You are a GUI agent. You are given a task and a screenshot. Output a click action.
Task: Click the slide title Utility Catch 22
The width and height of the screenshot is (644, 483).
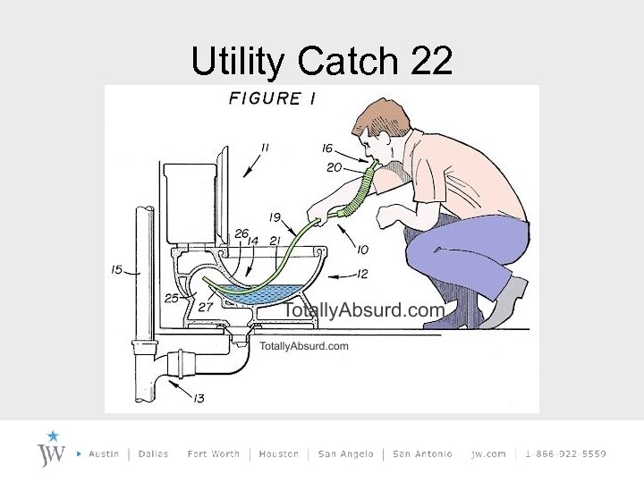322,61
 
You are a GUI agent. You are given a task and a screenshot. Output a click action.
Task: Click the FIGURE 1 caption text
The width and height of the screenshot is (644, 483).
272,98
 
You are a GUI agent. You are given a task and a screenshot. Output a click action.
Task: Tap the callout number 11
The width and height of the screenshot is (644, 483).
265,147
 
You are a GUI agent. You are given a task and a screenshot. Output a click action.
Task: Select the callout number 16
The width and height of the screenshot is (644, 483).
328,149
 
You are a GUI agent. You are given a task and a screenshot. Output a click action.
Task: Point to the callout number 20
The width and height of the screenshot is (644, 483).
334,167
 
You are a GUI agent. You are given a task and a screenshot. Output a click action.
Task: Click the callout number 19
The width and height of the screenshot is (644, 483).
275,216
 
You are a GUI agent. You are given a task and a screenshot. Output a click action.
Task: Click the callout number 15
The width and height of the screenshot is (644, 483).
116,268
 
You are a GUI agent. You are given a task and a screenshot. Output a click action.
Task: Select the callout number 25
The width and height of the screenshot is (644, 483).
172,298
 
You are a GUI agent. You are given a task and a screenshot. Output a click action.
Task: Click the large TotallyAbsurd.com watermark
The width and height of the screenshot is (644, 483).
363,311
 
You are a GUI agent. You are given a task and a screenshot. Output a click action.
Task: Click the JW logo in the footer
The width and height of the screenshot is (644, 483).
52,449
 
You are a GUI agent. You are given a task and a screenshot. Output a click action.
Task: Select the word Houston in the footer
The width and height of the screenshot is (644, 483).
278,454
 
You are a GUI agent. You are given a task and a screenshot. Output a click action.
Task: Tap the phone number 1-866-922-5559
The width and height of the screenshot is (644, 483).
565,454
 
